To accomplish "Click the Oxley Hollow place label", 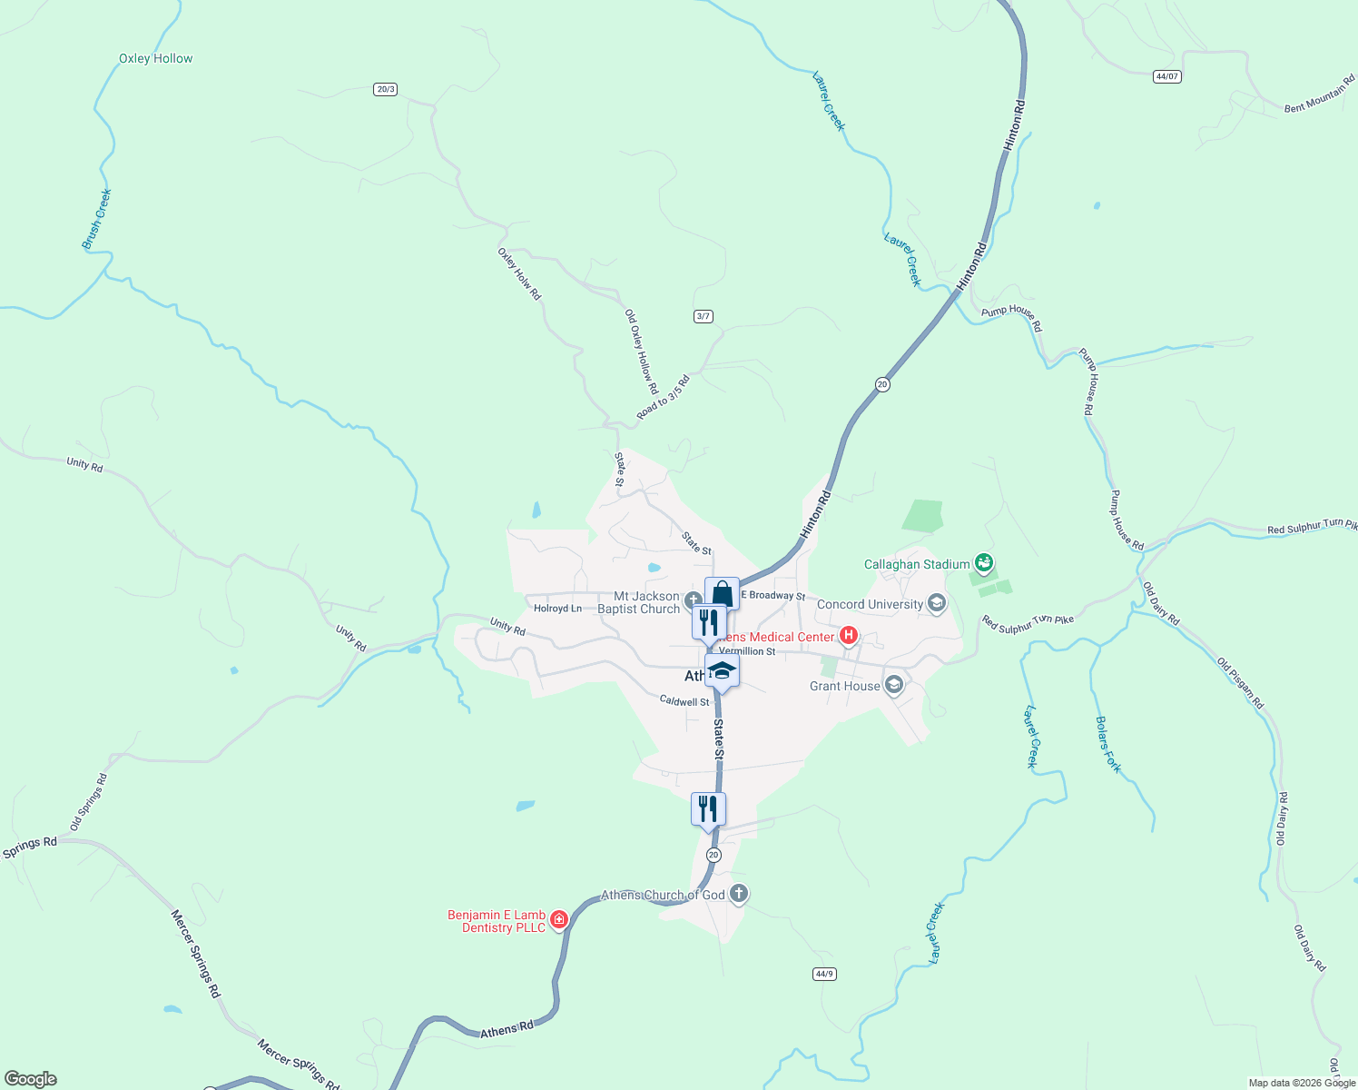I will click(155, 58).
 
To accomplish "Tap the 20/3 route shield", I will click(385, 89).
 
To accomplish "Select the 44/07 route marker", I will click(1167, 76).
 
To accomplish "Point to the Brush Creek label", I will click(96, 219).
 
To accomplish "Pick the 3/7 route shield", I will click(703, 316).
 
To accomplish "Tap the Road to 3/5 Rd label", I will click(663, 398).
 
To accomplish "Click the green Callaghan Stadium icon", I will click(983, 563).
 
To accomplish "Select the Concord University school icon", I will click(937, 604).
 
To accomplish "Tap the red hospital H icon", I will click(848, 636).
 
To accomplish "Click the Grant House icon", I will click(894, 685).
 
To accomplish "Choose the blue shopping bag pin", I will click(722, 595).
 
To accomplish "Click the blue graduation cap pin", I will click(722, 671).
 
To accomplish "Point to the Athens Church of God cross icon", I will click(739, 894).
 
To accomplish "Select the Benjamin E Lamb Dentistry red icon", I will click(558, 919).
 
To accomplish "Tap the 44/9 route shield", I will click(824, 974).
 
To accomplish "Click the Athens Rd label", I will click(507, 1030).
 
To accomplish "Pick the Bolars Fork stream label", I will click(1108, 745).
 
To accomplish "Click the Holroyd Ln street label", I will click(557, 609).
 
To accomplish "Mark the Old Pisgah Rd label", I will click(1240, 683).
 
